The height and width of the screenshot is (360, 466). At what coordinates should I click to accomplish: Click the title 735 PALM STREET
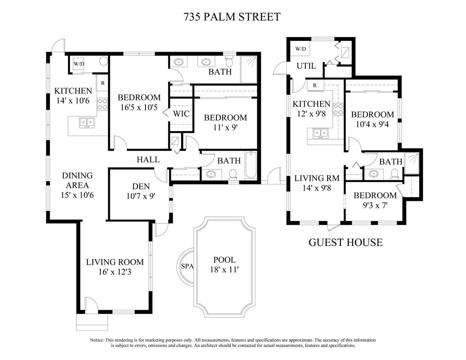tap(232, 16)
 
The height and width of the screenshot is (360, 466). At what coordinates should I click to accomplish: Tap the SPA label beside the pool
tap(187, 266)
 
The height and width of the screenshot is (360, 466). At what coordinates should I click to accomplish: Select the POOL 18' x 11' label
tap(225, 265)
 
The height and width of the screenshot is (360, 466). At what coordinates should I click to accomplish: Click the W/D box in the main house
tap(79, 64)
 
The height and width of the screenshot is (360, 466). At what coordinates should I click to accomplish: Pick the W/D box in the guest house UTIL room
tap(301, 49)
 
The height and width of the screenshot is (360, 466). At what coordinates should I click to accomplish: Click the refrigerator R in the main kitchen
tap(102, 83)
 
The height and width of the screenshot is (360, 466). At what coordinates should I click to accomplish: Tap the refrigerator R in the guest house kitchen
tap(315, 85)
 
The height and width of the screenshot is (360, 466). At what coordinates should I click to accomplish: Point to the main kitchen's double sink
tap(87, 123)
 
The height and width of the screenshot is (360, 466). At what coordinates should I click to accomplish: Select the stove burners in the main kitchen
tap(102, 104)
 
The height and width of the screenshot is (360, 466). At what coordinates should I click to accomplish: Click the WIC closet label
tap(181, 114)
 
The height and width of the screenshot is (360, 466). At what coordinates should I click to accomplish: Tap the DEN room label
tap(141, 187)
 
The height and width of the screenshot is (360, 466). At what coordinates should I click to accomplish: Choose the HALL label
tap(148, 160)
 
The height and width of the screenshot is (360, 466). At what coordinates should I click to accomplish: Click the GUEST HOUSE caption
tap(345, 243)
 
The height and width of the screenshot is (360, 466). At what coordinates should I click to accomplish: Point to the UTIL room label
tap(306, 66)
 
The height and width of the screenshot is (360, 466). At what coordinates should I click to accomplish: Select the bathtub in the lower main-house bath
tap(251, 165)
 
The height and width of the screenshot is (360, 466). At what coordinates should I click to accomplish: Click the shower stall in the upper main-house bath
tap(248, 70)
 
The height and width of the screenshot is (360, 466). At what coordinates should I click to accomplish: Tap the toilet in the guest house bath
tap(394, 174)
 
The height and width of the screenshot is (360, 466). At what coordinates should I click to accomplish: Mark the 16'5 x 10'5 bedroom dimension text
tap(139, 107)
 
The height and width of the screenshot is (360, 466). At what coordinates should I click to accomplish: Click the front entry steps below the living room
tap(92, 322)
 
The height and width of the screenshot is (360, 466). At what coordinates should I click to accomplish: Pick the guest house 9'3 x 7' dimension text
tap(375, 206)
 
